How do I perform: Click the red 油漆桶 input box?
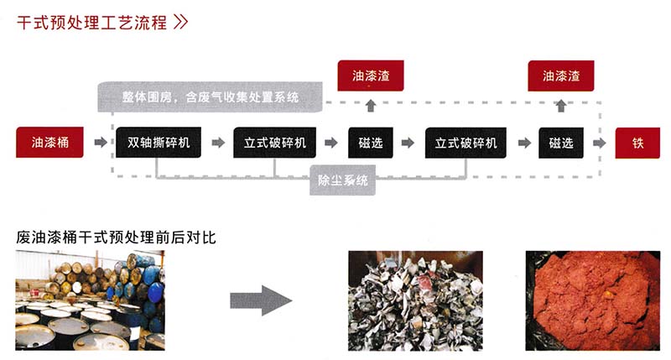(49, 143)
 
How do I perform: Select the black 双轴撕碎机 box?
(159, 143)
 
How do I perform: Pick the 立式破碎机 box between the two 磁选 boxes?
(466, 143)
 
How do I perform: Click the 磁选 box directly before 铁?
(561, 143)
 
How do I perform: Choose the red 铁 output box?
(638, 143)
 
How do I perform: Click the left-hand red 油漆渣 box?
(371, 76)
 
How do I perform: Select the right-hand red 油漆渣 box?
(561, 76)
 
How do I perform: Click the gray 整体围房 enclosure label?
(210, 97)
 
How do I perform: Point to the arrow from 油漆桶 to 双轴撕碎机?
(101, 143)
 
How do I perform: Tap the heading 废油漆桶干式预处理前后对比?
(117, 237)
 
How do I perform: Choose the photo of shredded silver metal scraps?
(416, 300)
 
